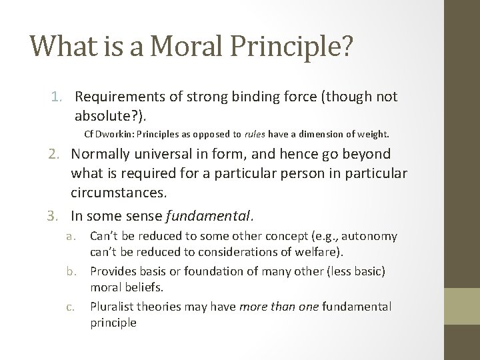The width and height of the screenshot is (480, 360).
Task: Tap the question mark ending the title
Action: click(345, 45)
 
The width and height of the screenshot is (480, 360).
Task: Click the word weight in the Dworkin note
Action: click(372, 134)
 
